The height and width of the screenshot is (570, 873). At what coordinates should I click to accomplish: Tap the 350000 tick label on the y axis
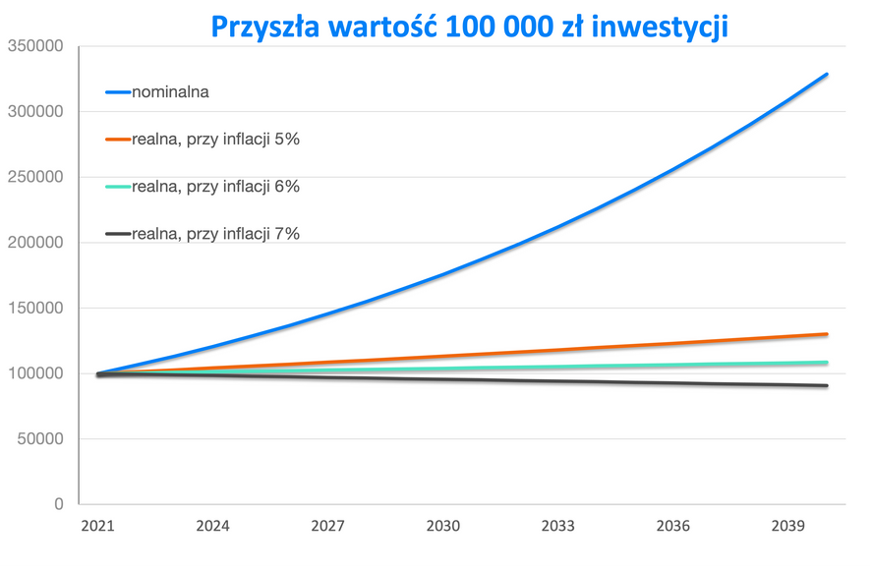(34, 46)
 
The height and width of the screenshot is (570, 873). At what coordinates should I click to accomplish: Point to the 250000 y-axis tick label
(34, 177)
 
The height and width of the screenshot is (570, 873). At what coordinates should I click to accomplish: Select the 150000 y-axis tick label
(34, 309)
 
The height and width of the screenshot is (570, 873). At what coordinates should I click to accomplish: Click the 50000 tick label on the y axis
(38, 439)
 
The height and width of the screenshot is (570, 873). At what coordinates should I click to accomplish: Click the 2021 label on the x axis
(98, 527)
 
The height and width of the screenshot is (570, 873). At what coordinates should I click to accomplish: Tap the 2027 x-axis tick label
(327, 527)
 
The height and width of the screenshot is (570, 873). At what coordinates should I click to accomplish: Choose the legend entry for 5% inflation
(215, 140)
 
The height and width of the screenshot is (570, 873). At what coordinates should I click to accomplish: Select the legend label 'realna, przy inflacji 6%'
(215, 187)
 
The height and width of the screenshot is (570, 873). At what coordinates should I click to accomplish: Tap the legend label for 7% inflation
(215, 234)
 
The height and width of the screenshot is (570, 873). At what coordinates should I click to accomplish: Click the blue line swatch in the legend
(118, 92)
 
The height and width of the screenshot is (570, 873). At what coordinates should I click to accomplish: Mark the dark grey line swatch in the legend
(118, 234)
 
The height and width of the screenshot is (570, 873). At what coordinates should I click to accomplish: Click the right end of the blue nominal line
(826, 75)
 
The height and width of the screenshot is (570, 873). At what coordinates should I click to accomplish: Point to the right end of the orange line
(826, 334)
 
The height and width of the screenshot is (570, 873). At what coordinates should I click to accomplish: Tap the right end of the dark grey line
(826, 386)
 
